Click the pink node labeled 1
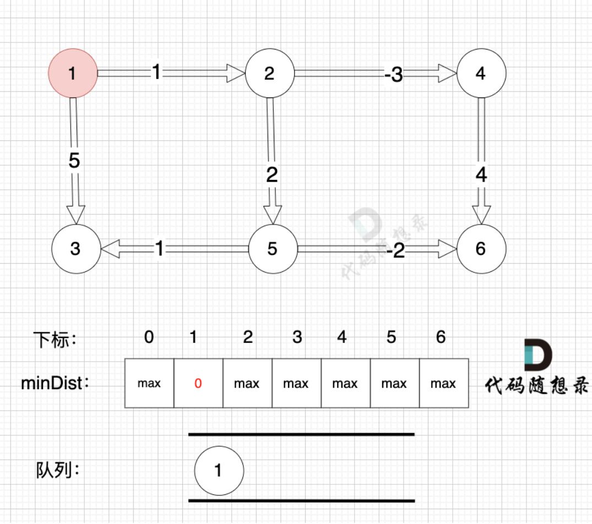73,73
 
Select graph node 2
269,73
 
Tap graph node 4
481,73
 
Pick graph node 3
75,249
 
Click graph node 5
273,249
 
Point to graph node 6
481,249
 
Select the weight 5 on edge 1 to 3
74,161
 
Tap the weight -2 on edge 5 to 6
395,251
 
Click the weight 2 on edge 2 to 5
271,175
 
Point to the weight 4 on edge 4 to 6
481,175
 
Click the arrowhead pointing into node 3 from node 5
110,249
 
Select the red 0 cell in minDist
198,384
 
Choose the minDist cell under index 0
149,384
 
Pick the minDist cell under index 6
444,384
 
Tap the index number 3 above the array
297,337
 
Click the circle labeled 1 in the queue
219,470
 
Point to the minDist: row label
55,383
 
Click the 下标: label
55,339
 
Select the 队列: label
58,470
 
